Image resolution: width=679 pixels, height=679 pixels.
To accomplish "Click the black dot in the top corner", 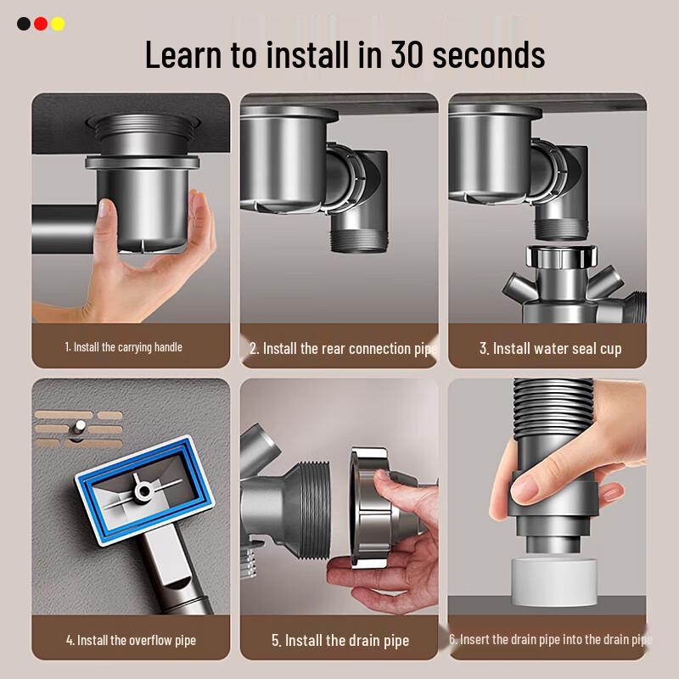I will (24, 24).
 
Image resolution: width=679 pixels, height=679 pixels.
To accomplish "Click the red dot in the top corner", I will (41, 24).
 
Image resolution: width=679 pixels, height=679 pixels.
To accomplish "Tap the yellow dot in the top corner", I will (58, 24).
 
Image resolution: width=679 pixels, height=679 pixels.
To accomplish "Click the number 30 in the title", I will (412, 55).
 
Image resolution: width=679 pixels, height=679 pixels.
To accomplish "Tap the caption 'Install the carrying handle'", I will (124, 347).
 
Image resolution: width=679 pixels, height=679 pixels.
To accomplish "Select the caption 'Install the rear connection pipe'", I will (343, 349).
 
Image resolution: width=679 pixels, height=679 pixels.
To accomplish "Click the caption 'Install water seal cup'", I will (550, 349).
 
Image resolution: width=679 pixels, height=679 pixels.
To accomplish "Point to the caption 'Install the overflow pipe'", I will (131, 640).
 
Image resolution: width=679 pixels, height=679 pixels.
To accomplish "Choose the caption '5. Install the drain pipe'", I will (339, 641).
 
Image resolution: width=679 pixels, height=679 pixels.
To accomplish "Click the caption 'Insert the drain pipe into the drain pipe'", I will (550, 639).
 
